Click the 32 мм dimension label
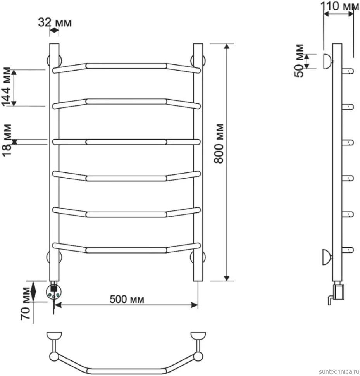[x=55, y=22]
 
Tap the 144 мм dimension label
[x=6, y=86]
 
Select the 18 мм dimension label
[x=7, y=140]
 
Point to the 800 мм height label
[x=219, y=144]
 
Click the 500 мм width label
[x=127, y=299]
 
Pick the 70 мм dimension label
[x=26, y=304]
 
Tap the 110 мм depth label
[x=339, y=6]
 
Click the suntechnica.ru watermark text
[x=338, y=371]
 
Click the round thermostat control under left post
[x=54, y=291]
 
